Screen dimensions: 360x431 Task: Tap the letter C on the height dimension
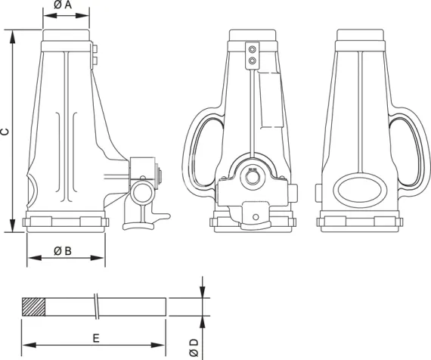(x=5, y=131)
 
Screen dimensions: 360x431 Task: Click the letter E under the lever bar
(x=95, y=337)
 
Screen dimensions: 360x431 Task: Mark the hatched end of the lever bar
(x=34, y=306)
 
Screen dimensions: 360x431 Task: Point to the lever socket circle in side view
(x=140, y=194)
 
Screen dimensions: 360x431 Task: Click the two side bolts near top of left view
(x=95, y=54)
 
